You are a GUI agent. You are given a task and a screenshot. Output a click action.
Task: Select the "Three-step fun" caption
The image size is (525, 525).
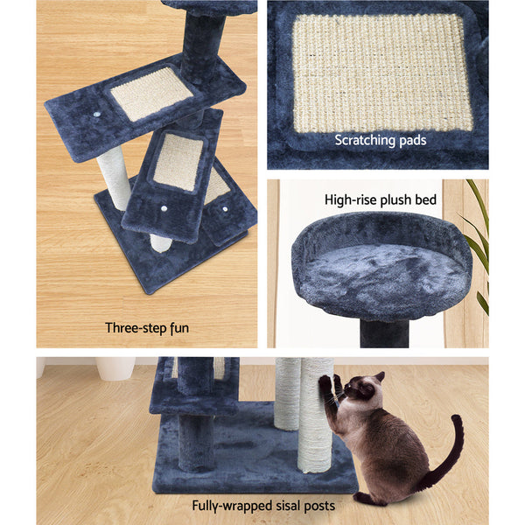pos(146,329)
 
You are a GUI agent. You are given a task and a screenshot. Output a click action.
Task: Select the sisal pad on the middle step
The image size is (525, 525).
pos(178,162)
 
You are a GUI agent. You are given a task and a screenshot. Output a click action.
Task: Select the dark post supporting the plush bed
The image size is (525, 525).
pos(386,332)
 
